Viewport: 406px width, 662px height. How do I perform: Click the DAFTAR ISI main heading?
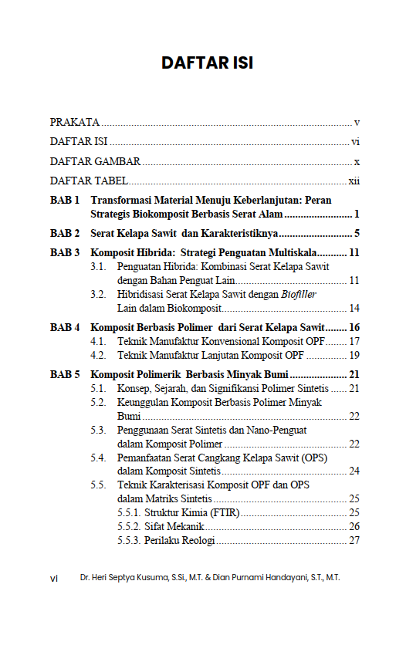(x=207, y=63)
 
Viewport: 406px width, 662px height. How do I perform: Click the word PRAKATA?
(x=75, y=122)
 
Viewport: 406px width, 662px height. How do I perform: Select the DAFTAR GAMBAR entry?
(x=95, y=161)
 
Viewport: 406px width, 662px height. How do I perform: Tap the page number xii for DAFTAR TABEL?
(x=355, y=181)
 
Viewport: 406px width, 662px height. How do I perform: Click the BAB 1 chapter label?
(x=66, y=200)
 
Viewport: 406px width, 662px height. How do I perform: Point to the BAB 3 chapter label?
(x=66, y=252)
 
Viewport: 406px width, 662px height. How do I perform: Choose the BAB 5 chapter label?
(x=66, y=374)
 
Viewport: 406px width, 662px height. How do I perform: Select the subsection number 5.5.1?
(x=129, y=512)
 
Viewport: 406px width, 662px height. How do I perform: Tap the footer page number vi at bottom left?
(x=54, y=577)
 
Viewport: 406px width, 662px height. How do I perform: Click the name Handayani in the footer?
(x=277, y=577)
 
